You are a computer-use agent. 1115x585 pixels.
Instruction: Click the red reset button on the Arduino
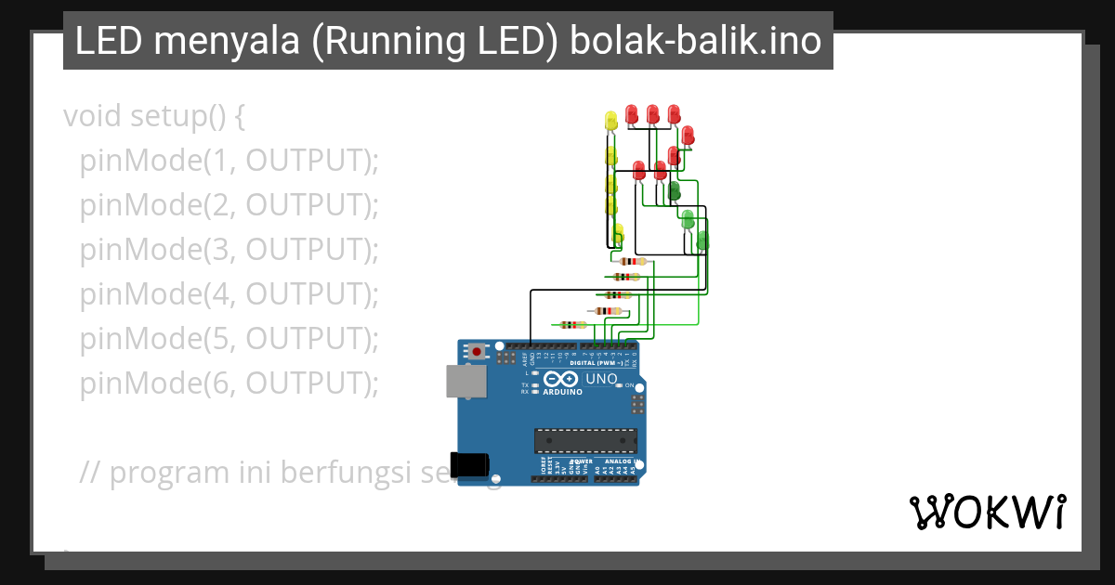click(478, 352)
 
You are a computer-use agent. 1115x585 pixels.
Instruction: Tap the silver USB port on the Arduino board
click(466, 382)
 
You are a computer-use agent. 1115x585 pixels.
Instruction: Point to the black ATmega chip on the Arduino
click(585, 442)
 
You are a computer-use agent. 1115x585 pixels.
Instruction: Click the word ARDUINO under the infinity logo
click(562, 392)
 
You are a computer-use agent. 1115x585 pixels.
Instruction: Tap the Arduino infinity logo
click(561, 379)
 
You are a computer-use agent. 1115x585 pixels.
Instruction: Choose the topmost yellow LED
click(610, 120)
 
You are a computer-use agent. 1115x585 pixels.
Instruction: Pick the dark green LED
click(674, 190)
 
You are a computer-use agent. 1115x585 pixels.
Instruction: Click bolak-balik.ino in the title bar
click(695, 41)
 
